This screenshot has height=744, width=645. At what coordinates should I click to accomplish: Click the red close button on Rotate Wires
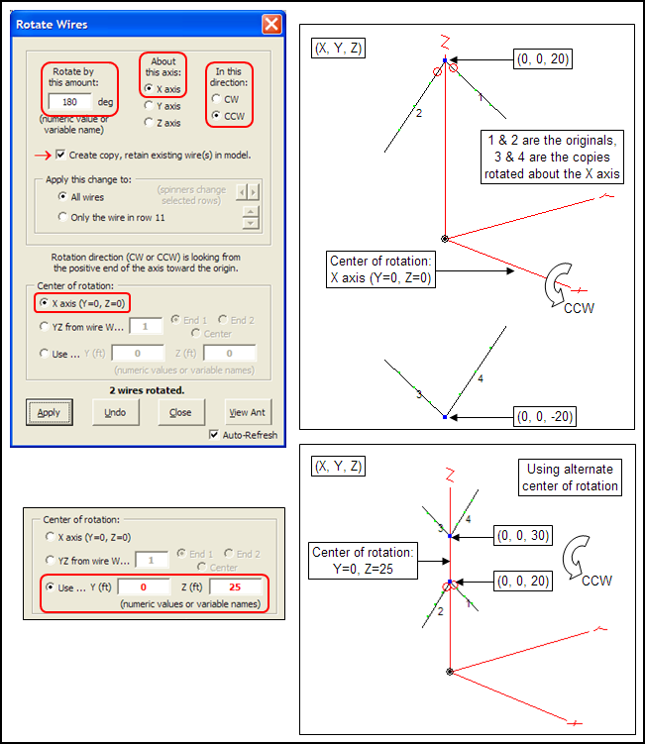[x=270, y=24]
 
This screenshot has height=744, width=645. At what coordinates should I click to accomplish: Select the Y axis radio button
[x=150, y=105]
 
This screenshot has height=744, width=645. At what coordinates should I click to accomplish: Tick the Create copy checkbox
[x=61, y=155]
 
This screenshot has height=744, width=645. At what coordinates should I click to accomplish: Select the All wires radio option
[x=63, y=197]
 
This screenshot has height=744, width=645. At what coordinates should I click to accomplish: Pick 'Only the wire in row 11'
[x=63, y=216]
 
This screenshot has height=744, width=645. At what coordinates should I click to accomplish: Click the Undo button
[x=115, y=412]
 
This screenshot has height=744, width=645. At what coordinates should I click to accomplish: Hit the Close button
[x=180, y=412]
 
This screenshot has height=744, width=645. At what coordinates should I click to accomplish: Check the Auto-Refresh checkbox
[x=214, y=435]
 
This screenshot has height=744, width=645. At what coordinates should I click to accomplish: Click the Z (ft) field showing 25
[x=236, y=587]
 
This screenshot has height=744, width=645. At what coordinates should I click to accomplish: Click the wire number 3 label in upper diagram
[x=420, y=394]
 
